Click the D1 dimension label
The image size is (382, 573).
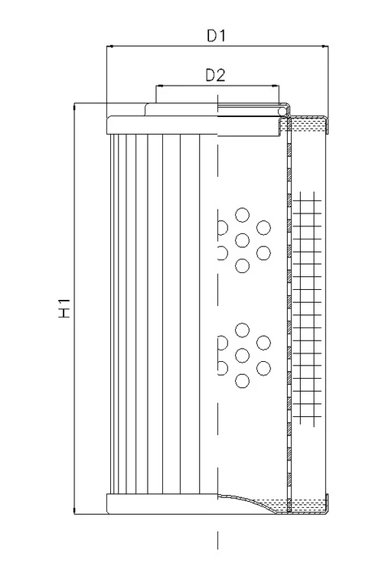[x=217, y=35]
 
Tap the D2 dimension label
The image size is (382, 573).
[x=216, y=75]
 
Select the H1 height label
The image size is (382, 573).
[x=64, y=308]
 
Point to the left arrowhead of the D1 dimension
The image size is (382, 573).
[x=109, y=47]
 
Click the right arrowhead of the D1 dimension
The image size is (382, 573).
[x=325, y=47]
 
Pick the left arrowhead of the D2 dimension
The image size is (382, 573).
[x=159, y=86]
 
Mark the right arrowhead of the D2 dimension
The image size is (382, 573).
[x=276, y=86]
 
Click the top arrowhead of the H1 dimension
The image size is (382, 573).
[x=74, y=106]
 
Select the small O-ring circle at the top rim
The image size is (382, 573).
[x=282, y=111]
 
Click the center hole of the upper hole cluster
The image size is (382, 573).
[x=242, y=240]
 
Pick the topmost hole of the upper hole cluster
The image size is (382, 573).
[x=242, y=215]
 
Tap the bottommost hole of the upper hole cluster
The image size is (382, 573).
[x=242, y=265]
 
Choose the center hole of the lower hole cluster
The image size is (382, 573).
[x=242, y=356]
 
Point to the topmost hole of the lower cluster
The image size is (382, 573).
[x=242, y=330]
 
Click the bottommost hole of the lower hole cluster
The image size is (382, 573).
[x=242, y=381]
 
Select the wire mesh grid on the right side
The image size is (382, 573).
[x=306, y=309]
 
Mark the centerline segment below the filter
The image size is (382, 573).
[x=218, y=540]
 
